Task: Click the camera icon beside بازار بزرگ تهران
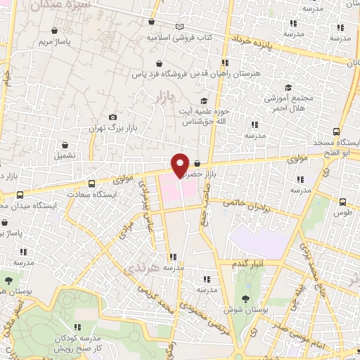pos(112,117)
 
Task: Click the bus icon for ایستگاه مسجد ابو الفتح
pos(337,131)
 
